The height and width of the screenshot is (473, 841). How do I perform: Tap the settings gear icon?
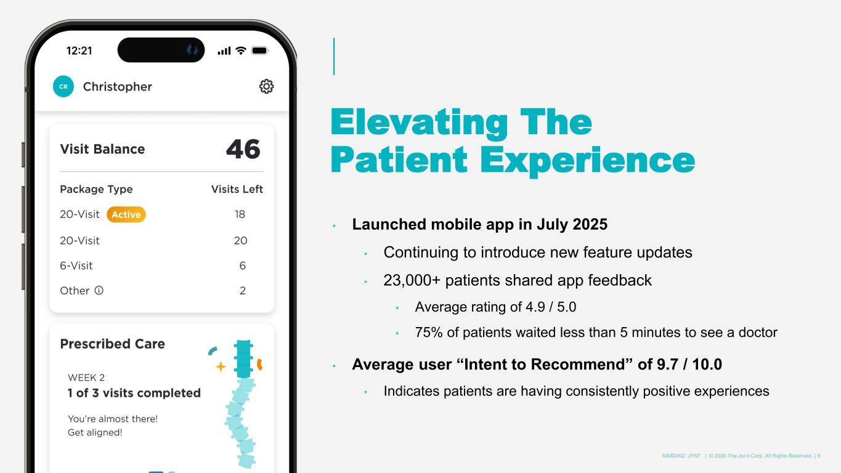tap(266, 86)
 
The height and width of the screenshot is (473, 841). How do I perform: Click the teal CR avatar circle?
tap(63, 86)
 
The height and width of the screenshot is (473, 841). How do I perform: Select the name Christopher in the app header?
tap(117, 87)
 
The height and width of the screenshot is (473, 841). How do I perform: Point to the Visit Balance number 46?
tap(243, 149)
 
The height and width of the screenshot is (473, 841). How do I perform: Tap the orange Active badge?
tap(126, 214)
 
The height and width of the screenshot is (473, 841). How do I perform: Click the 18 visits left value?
tap(240, 214)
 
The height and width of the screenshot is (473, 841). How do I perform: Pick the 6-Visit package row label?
tap(76, 266)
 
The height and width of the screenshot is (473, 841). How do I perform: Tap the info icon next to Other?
tap(99, 290)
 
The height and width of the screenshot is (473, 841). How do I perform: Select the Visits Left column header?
tap(237, 189)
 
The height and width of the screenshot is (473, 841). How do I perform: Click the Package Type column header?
tap(96, 189)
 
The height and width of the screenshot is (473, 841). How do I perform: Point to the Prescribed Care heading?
tap(112, 344)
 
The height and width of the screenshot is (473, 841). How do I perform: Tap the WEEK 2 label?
tap(86, 378)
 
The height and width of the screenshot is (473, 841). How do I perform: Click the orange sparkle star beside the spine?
tap(221, 366)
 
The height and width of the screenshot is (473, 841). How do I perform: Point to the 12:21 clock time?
tap(79, 51)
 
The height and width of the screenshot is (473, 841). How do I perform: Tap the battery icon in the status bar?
tap(260, 51)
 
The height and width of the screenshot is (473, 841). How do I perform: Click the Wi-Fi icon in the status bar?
tap(241, 51)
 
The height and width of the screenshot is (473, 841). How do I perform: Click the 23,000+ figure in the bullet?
tap(412, 280)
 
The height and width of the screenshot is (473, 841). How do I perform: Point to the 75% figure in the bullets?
tap(429, 333)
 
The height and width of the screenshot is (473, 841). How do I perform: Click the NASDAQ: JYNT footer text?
tap(681, 456)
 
